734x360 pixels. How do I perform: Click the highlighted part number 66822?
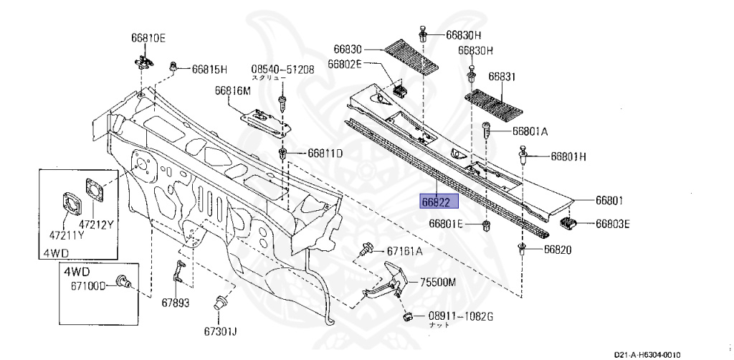tap(437, 202)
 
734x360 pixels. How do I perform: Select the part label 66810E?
tap(148, 37)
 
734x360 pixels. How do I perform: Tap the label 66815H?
tap(209, 70)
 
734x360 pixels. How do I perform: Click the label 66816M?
tap(232, 91)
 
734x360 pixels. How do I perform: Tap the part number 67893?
tap(174, 303)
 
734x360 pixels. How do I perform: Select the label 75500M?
tap(438, 282)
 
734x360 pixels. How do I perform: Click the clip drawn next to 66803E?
tap(568, 224)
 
